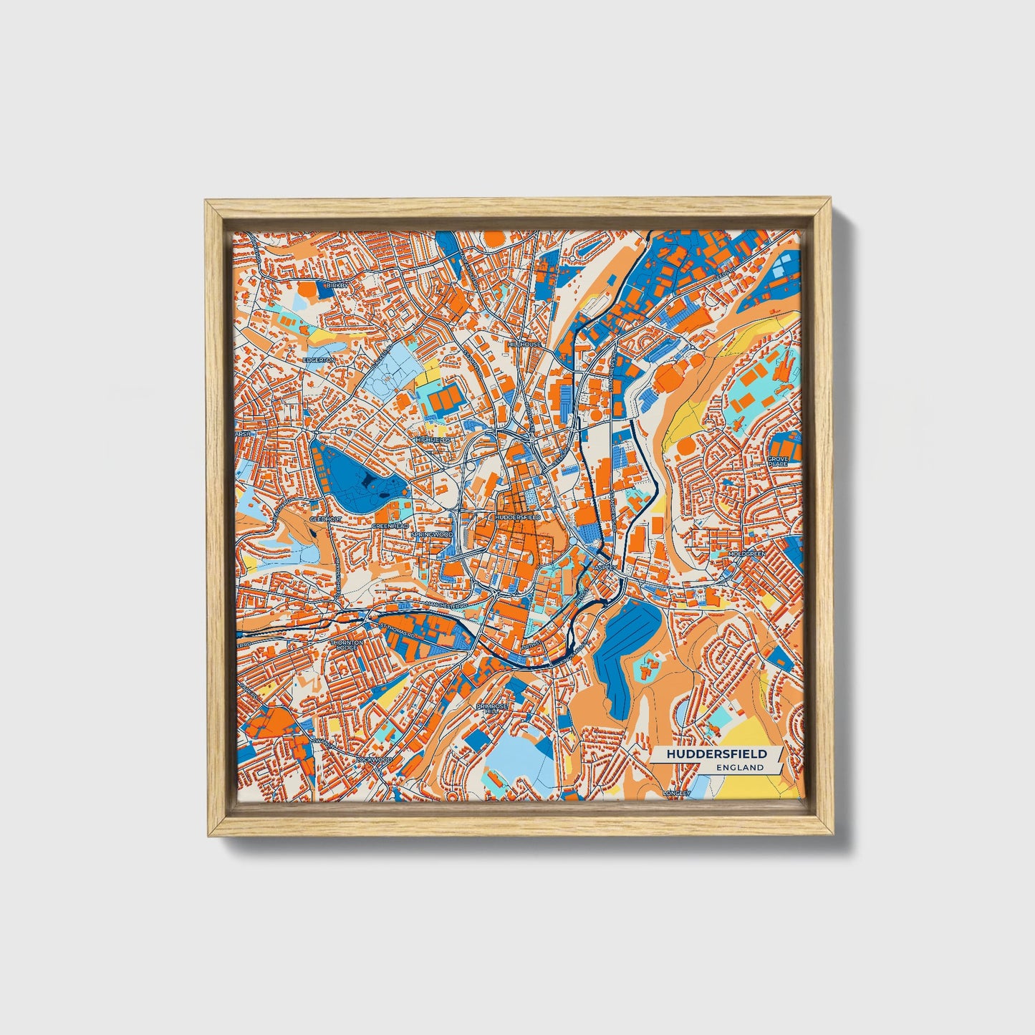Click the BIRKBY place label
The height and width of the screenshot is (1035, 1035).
coord(336,285)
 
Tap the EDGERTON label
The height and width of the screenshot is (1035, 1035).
coord(319,360)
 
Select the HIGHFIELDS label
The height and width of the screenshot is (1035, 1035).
coord(433,439)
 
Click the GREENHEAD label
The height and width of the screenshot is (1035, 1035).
coord(390,526)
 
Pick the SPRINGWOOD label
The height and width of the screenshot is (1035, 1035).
coord(433,534)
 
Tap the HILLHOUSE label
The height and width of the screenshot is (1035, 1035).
coord(524,344)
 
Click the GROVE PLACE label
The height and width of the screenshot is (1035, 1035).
coord(777,461)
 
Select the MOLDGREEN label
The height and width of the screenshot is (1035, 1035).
coord(746,554)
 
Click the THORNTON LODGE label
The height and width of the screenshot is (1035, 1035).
coord(347,645)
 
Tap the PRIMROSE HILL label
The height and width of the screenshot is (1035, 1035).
coord(492,708)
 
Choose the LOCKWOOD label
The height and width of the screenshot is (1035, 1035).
coord(375,759)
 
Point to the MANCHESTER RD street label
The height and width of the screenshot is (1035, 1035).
coord(446,605)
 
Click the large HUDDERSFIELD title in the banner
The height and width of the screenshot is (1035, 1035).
coord(716,754)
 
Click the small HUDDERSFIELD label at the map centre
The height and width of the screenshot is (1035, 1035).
coord(517,516)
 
